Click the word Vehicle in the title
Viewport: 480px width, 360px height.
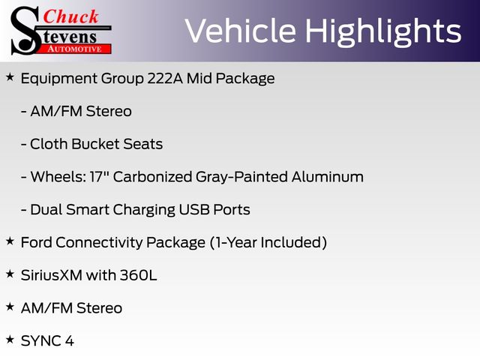click(240, 31)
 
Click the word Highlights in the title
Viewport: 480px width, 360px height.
click(383, 32)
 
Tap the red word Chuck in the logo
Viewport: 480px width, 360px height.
click(70, 16)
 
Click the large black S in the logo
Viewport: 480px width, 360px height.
click(25, 31)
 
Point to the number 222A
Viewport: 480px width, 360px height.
click(165, 78)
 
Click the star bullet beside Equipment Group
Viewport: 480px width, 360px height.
click(10, 76)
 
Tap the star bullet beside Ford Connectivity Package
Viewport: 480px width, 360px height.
click(10, 241)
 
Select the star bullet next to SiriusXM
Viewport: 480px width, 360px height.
click(10, 274)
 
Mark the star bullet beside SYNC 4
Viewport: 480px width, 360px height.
click(10, 339)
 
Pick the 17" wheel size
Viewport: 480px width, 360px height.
click(100, 176)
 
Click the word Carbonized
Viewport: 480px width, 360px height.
click(152, 177)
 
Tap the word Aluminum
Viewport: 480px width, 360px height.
click(328, 177)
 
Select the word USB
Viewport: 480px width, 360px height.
click(194, 210)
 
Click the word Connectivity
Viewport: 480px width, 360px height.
click(100, 242)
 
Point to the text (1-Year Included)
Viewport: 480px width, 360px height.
click(268, 242)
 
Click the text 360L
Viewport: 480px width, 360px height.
click(138, 275)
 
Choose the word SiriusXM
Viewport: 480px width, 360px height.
click(52, 275)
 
